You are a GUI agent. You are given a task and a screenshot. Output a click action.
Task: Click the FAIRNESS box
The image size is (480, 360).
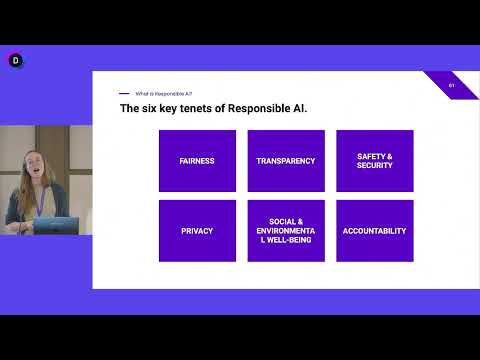(197, 160)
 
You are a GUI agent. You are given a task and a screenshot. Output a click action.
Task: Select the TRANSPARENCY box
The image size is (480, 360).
(286, 160)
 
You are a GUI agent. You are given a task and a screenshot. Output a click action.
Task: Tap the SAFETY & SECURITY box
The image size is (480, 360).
(374, 160)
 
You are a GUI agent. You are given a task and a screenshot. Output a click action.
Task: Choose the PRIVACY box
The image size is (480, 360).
(197, 231)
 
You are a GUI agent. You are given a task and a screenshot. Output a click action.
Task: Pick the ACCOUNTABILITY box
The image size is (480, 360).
(374, 231)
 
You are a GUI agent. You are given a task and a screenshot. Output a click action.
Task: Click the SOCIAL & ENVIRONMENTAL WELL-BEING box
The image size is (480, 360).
(286, 231)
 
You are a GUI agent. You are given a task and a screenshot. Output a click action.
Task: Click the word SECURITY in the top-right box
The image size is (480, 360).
(374, 165)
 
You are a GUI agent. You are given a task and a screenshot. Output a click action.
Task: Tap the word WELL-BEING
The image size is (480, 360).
(286, 241)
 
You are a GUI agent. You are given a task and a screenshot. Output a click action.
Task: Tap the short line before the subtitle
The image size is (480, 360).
(124, 93)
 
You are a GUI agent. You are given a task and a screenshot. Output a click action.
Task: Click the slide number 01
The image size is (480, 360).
(452, 85)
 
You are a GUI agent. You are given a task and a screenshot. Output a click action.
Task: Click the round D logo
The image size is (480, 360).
(15, 60)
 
